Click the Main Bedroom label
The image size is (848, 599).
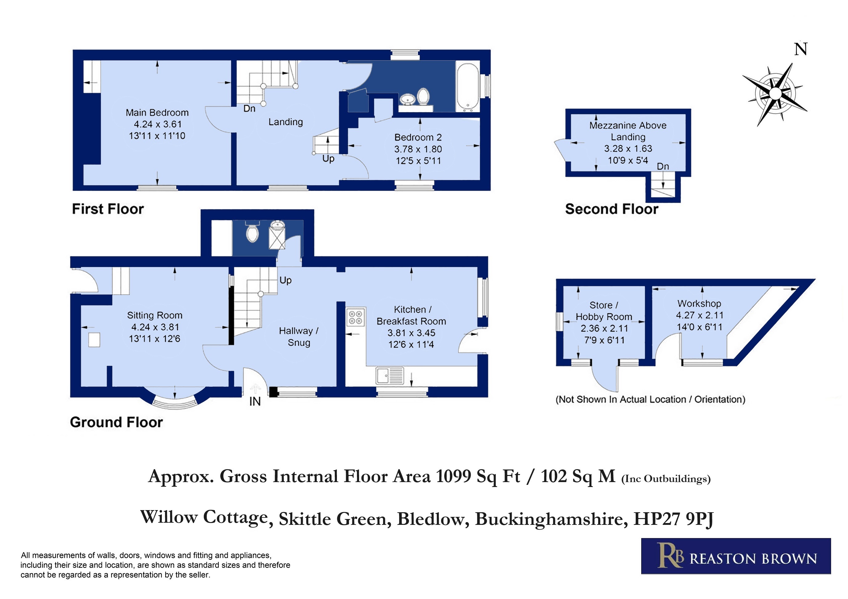click(x=157, y=113)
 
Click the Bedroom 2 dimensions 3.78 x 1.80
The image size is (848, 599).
click(x=418, y=149)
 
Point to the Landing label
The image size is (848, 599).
click(x=286, y=122)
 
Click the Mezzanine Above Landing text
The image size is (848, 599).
click(x=628, y=131)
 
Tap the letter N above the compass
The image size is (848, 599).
click(x=801, y=49)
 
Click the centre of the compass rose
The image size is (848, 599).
click(x=776, y=94)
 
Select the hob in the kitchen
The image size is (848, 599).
click(x=356, y=317)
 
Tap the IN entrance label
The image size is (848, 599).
click(x=255, y=401)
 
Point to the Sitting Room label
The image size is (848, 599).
click(x=155, y=315)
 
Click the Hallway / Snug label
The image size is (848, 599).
click(x=299, y=337)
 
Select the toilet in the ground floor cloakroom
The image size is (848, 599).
click(x=253, y=232)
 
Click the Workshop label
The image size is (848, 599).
click(x=699, y=304)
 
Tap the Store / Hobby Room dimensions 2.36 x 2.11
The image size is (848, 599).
click(x=604, y=328)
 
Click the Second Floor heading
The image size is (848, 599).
click(x=612, y=209)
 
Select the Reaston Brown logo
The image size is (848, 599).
click(x=736, y=556)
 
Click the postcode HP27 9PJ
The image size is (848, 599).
click(x=673, y=519)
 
